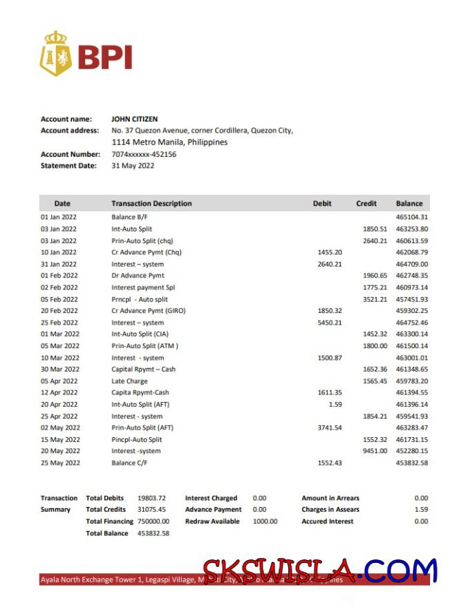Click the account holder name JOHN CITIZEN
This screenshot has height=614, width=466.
(x=134, y=119)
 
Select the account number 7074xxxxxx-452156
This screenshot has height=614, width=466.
(x=144, y=154)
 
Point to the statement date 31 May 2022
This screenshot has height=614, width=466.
(x=133, y=166)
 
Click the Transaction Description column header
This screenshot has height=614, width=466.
(x=151, y=204)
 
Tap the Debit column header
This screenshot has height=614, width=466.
(x=322, y=204)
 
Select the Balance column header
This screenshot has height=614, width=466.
(x=409, y=204)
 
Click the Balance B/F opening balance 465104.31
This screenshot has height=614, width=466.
(x=411, y=217)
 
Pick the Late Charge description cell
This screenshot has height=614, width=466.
(x=129, y=381)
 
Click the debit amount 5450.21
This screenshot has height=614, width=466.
(x=329, y=323)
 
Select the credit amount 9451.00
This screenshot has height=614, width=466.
(x=375, y=451)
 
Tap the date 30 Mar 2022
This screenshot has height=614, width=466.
(x=59, y=369)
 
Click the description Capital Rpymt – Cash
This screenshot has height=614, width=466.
(x=143, y=369)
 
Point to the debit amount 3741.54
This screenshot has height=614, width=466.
(x=329, y=428)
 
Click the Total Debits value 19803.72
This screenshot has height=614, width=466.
(x=151, y=498)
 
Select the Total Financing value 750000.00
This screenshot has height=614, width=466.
(x=153, y=521)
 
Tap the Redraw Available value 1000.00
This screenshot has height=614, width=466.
(x=265, y=521)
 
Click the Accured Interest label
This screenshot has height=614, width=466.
(x=327, y=521)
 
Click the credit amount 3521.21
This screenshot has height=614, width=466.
(x=375, y=299)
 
